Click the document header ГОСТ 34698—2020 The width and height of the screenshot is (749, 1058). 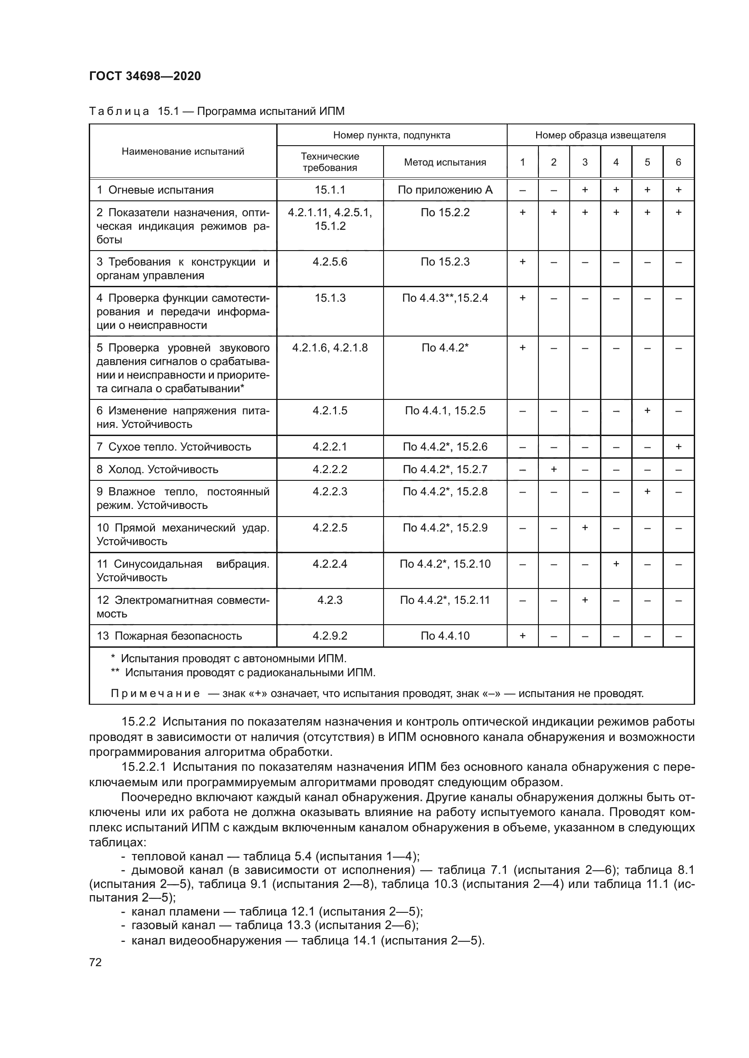point(145,76)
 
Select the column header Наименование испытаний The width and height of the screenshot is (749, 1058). point(182,152)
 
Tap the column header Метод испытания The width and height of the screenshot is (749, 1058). point(445,162)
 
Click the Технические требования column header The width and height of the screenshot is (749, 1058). point(330,162)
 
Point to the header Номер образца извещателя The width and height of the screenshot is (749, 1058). point(600,135)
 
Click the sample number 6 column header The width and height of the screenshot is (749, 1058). point(678,162)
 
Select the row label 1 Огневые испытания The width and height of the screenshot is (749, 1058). point(155,190)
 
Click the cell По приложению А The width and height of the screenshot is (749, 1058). point(445,190)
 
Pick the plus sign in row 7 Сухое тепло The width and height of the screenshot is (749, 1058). point(678,446)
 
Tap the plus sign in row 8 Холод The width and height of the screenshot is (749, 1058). point(553,469)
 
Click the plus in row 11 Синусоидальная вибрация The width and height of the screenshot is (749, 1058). point(616,564)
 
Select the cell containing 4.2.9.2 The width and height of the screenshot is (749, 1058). point(330,636)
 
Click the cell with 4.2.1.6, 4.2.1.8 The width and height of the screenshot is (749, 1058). point(330,347)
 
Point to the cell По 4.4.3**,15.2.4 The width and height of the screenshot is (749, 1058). point(445,298)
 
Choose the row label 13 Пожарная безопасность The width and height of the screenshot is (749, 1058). point(169,636)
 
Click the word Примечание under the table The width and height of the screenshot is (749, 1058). point(155,693)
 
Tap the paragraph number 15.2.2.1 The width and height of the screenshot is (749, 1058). point(144,767)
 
